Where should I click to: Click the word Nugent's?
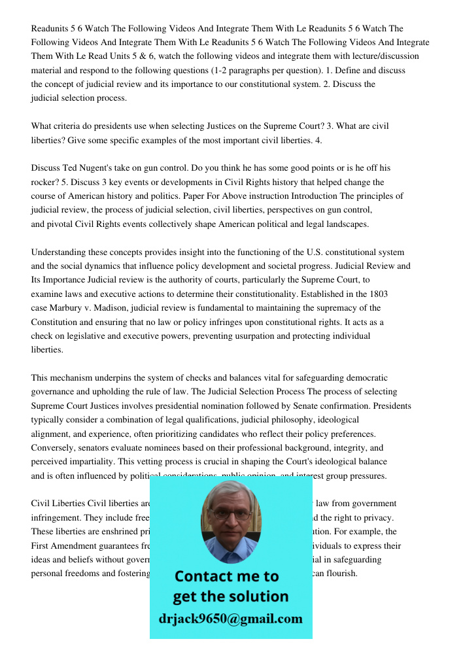(x=105, y=167)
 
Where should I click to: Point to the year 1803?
(x=378, y=294)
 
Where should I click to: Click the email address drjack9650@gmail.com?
(x=231, y=619)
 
